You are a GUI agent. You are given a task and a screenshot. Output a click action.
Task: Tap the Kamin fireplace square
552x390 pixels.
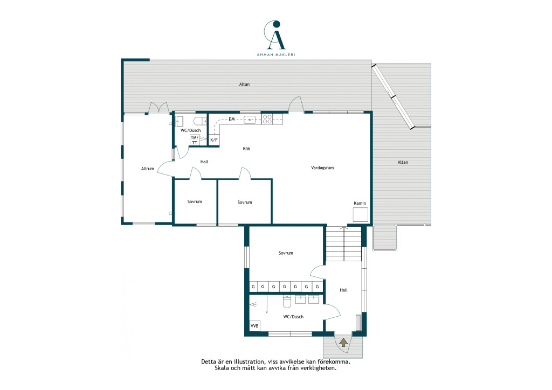[360, 214]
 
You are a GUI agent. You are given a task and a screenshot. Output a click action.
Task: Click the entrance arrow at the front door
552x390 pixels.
[343, 342]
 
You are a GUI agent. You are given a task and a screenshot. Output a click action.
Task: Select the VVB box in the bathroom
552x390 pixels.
[254, 326]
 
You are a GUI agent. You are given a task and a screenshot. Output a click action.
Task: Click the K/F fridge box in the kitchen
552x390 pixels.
[214, 140]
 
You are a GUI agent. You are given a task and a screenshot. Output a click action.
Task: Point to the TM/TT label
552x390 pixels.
[194, 140]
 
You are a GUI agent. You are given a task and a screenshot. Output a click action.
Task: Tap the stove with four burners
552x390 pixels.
[267, 119]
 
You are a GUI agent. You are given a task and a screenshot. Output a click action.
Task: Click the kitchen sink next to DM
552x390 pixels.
[250, 120]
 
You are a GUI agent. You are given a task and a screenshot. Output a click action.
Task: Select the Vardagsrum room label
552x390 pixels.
[322, 168]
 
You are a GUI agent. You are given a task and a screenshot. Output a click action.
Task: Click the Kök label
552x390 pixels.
[246, 149]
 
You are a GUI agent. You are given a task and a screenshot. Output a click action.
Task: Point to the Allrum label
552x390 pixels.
[148, 169]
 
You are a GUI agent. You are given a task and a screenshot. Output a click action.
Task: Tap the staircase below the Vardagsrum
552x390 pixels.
[343, 243]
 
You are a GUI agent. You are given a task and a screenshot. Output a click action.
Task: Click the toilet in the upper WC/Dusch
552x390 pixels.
[201, 121]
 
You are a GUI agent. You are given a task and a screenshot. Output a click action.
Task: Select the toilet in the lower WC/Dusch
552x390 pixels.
[287, 301]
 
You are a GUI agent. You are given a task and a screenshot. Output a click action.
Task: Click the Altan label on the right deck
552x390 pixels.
[403, 162]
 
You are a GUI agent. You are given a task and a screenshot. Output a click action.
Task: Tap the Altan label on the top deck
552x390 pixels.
[244, 85]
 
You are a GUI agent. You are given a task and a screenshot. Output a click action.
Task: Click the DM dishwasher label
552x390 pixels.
[232, 119]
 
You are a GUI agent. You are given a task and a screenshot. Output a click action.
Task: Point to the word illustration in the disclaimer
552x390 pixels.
[250, 361]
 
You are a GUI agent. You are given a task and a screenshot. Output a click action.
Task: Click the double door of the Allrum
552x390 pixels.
[158, 108]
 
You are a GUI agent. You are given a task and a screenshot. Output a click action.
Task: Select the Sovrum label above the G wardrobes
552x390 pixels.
[286, 253]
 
